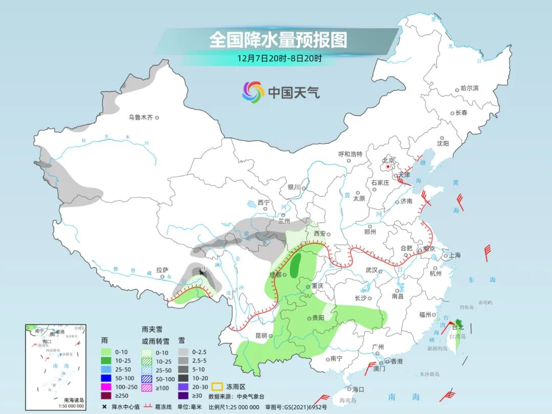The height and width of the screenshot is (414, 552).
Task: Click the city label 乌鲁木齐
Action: tap(140, 118)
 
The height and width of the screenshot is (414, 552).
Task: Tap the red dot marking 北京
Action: tap(388, 167)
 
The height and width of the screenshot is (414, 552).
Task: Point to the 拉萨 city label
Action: tap(162, 270)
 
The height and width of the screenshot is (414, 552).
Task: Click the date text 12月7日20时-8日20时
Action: tap(279, 58)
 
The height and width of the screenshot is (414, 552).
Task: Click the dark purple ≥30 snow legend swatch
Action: tap(182, 396)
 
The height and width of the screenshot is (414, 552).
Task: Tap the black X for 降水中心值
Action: tap(105, 407)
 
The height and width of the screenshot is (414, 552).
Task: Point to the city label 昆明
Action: tap(261, 336)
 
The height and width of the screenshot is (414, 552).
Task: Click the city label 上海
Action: tap(455, 256)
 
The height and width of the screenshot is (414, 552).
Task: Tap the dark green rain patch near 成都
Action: tap(295, 264)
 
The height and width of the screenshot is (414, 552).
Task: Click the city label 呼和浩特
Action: tap(350, 154)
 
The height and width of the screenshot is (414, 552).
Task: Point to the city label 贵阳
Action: tap(318, 318)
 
